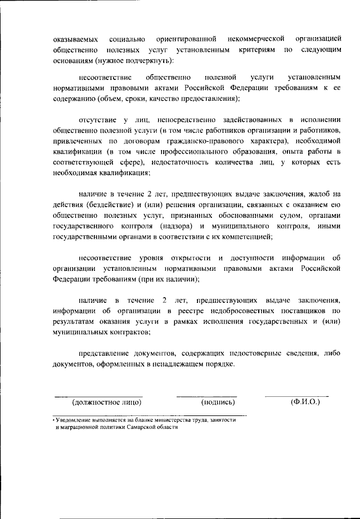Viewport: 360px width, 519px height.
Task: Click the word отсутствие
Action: (97, 120)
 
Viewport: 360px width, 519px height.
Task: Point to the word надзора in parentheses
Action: (177, 226)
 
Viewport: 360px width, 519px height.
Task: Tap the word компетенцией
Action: (249, 236)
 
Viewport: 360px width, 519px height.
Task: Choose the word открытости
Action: (188, 259)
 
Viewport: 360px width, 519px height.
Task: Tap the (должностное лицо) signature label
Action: (106, 402)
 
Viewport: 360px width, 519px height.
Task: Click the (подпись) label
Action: (218, 402)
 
